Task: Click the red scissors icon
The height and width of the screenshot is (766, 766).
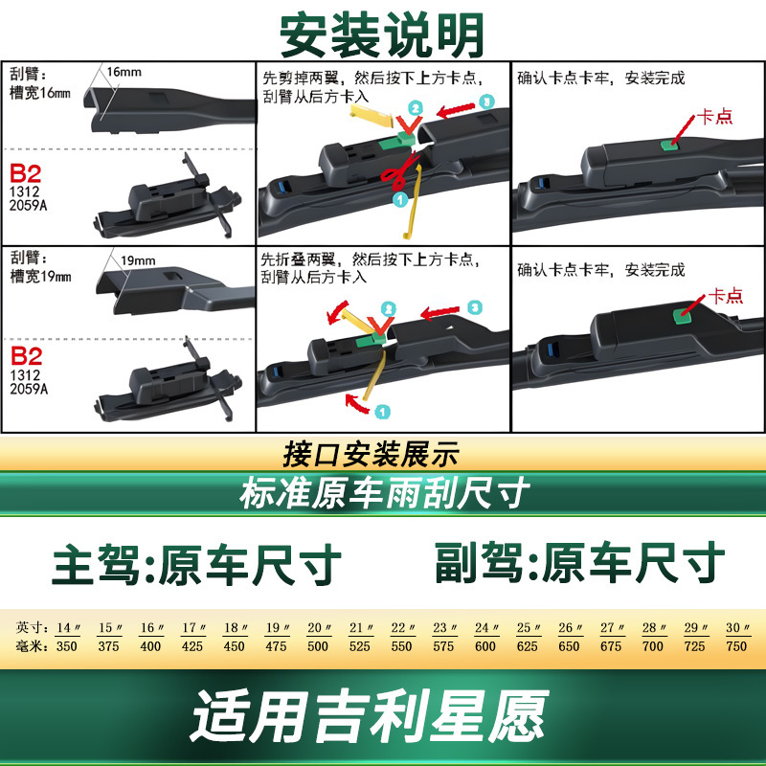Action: click(400, 171)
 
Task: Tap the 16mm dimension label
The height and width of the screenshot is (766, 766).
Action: click(124, 73)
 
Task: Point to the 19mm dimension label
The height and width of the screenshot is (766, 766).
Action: click(138, 260)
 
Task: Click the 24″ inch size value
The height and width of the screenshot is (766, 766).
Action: click(484, 628)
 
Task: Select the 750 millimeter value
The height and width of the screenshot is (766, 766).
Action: click(736, 646)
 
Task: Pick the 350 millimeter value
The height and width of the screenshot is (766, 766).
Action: click(66, 646)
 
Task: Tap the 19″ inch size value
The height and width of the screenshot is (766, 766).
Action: click(276, 628)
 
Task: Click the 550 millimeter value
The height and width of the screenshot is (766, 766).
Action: click(401, 646)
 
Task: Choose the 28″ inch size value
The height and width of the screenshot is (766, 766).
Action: click(653, 628)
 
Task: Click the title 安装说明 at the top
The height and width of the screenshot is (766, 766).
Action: click(382, 35)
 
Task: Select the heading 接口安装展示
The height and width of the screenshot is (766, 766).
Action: click(372, 454)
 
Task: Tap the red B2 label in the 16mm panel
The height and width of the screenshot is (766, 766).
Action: click(26, 173)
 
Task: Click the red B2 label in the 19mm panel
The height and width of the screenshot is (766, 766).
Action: click(27, 356)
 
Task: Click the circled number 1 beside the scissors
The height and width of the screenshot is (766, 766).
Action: click(400, 199)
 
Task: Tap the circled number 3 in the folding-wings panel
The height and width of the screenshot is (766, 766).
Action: click(474, 307)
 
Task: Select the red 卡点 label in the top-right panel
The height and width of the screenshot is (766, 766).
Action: click(714, 117)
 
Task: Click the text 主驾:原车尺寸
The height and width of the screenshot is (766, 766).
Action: click(196, 565)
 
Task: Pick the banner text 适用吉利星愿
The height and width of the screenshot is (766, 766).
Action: click(370, 715)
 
